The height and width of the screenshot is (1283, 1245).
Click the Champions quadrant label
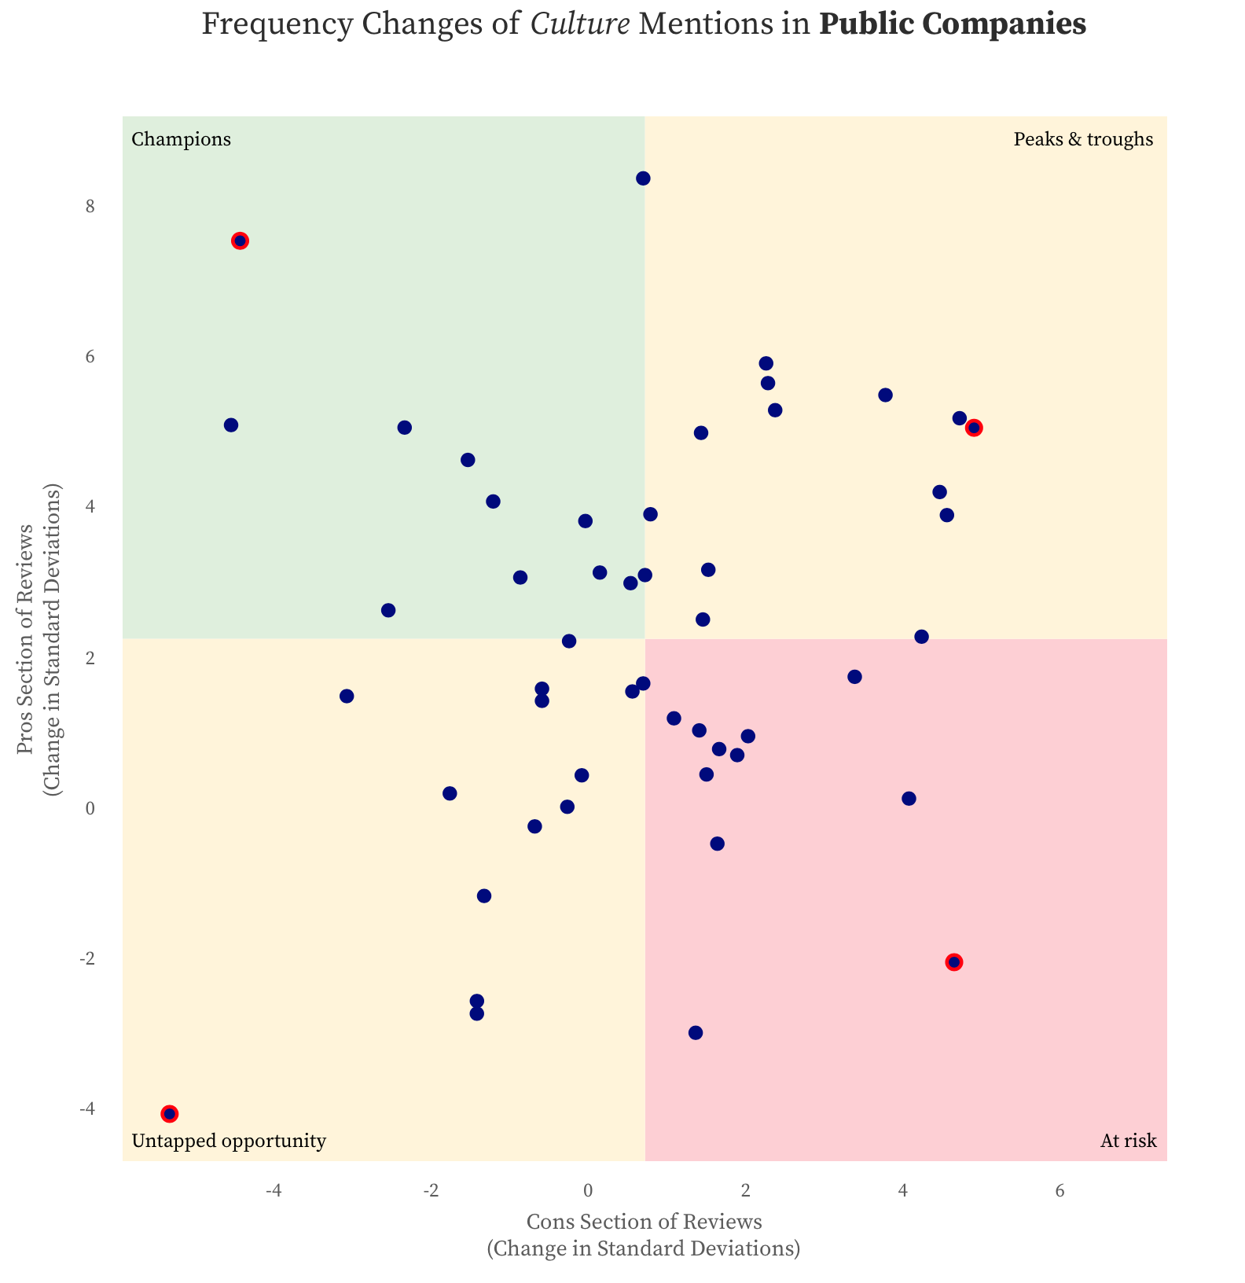tap(181, 140)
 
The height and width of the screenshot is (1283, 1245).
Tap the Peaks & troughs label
tap(1083, 140)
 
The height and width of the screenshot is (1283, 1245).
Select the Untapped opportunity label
tap(229, 1141)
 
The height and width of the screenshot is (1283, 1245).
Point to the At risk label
tap(1128, 1141)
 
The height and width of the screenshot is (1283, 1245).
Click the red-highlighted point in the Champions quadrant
tap(241, 241)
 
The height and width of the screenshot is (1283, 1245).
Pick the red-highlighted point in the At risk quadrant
tap(954, 962)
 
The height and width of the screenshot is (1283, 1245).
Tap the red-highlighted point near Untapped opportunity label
tap(170, 1114)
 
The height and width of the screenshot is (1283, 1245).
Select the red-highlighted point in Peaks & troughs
tap(975, 428)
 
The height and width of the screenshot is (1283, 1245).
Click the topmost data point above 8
tap(643, 178)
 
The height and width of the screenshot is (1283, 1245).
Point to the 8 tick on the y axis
tap(90, 207)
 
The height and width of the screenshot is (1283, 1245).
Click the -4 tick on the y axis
tap(87, 1108)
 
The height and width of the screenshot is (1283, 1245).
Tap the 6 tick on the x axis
tap(1060, 1190)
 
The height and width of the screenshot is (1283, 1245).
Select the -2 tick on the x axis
tap(431, 1190)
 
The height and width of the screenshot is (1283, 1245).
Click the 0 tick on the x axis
tap(588, 1190)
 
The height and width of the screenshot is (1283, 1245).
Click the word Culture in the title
tap(580, 25)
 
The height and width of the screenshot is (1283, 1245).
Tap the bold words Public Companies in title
tap(953, 25)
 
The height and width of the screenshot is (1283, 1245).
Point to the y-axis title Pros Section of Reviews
tap(27, 639)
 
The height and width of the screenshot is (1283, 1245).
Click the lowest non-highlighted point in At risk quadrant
tap(696, 1033)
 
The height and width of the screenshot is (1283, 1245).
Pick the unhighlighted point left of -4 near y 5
tap(231, 425)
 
